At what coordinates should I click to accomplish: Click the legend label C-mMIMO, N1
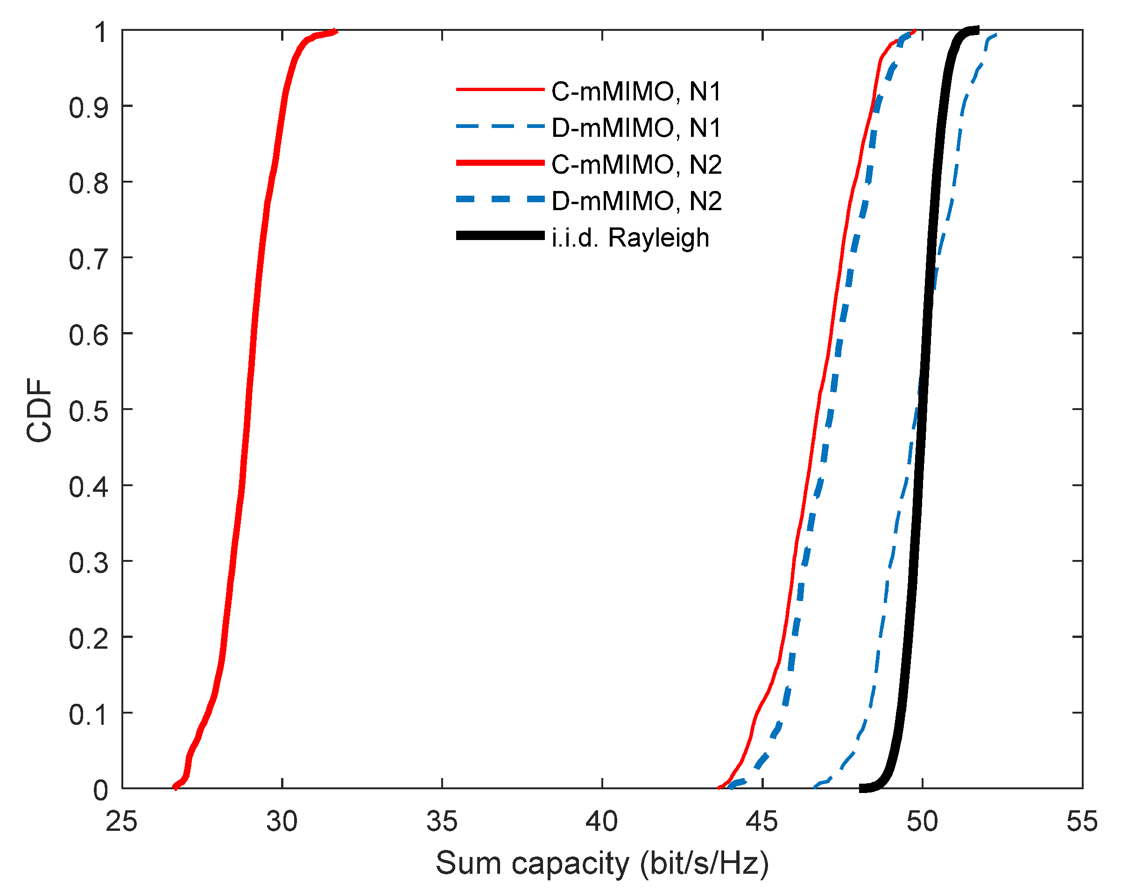pos(636,92)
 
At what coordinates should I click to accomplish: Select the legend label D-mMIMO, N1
pos(636,128)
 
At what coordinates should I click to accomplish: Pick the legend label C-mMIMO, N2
pos(636,165)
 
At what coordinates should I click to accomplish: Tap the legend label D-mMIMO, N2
pos(636,201)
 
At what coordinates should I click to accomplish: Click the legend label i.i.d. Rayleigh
pos(630,238)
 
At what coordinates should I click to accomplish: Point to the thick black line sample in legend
pos(500,236)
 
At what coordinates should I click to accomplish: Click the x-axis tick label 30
pos(282,821)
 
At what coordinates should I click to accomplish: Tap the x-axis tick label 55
pos(1081,821)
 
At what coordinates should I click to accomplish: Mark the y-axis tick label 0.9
pos(88,108)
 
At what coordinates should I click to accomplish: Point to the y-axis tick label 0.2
pos(88,639)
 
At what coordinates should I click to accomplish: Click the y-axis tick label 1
pos(100,32)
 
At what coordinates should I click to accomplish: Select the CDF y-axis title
pos(40,411)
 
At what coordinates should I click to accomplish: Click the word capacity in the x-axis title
pos(571,864)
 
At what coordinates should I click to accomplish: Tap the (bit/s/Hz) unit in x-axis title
pos(704,864)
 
